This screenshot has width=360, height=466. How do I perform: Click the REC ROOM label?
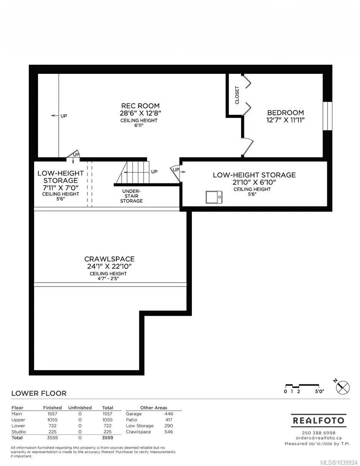(x=140, y=106)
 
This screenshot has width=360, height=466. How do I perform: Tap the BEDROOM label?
(x=285, y=113)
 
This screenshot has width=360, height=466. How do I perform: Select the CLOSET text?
(x=237, y=95)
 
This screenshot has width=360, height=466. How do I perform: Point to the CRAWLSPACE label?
(x=110, y=259)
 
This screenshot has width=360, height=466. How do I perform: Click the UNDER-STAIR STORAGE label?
(x=131, y=196)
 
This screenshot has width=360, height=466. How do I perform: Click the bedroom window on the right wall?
(x=327, y=116)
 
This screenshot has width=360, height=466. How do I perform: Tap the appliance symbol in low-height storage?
(x=214, y=197)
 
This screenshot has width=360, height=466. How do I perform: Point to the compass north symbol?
(x=342, y=387)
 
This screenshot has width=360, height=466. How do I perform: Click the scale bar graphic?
(x=301, y=386)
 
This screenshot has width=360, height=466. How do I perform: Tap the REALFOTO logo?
(x=319, y=421)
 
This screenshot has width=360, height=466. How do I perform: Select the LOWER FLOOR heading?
(x=39, y=393)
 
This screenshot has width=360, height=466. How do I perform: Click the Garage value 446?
(x=169, y=414)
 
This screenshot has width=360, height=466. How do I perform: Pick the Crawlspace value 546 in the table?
(x=169, y=431)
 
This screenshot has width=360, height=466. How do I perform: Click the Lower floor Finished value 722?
(x=52, y=425)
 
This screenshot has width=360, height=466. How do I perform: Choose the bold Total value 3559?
(x=107, y=438)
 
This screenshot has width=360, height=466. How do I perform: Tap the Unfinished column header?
(x=80, y=407)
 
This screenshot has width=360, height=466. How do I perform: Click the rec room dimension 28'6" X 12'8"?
(x=140, y=113)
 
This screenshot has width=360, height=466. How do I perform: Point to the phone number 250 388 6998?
(x=319, y=433)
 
